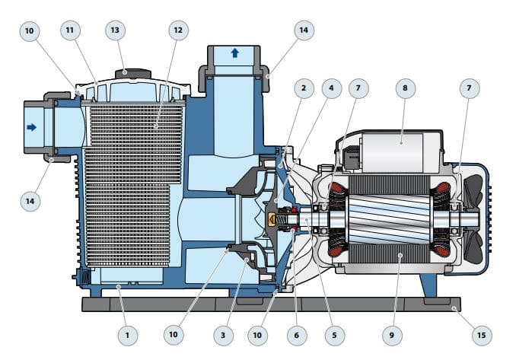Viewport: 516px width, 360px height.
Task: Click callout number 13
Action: click(x=115, y=30)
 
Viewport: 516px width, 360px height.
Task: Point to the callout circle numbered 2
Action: click(x=303, y=88)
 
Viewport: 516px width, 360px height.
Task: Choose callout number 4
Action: click(x=330, y=88)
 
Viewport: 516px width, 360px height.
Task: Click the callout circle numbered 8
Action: click(x=403, y=88)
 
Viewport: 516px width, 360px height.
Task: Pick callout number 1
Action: click(x=127, y=334)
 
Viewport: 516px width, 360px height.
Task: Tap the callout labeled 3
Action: click(x=223, y=334)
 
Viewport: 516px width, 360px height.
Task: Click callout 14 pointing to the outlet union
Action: click(x=303, y=30)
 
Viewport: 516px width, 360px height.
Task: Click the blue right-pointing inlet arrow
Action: click(x=31, y=127)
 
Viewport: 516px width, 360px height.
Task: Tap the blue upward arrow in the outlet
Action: click(x=234, y=53)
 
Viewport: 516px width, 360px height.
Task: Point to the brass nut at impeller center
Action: click(x=273, y=220)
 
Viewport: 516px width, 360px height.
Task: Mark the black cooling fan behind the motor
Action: click(x=476, y=218)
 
